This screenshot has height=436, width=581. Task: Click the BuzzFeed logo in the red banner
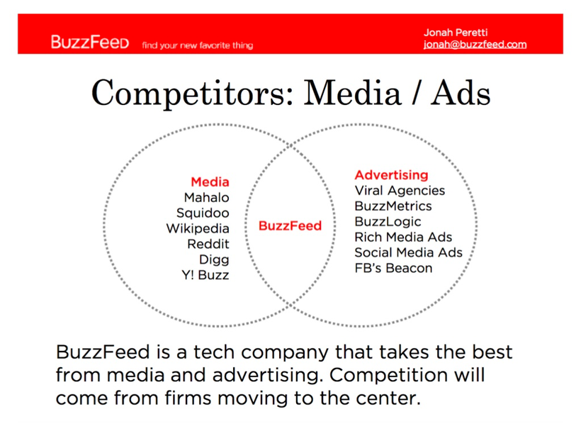[90, 42]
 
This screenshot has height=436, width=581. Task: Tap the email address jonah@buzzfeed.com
[475, 45]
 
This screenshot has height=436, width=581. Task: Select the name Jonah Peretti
[456, 33]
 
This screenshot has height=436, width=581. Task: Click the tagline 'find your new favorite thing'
[198, 45]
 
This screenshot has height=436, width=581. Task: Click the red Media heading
[210, 181]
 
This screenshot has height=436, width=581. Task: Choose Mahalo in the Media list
[207, 197]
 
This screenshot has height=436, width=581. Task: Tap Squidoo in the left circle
[203, 213]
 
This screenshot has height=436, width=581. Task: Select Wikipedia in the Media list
[198, 228]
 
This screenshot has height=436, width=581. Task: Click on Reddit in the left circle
[208, 244]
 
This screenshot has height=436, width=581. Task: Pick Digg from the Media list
[214, 259]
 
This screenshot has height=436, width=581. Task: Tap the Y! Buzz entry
[205, 275]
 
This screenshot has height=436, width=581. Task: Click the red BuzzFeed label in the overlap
[290, 225]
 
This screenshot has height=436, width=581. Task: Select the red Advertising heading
[391, 174]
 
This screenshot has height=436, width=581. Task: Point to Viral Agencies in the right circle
[400, 191]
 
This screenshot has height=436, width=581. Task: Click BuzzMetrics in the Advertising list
[393, 206]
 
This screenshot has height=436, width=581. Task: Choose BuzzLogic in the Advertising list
[388, 222]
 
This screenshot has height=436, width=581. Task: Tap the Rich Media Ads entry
[404, 237]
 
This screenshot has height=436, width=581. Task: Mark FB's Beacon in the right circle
[393, 268]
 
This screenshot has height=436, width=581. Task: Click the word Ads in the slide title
[461, 93]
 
